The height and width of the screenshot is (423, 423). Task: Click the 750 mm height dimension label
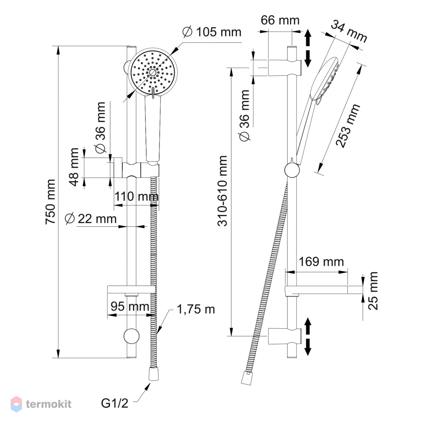tap(51, 201)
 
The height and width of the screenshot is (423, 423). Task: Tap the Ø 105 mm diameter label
tap(212, 32)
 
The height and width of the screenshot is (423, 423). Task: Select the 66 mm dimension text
tap(280, 20)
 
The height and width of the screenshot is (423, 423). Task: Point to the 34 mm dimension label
tap(349, 32)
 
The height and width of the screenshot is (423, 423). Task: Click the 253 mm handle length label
tap(348, 126)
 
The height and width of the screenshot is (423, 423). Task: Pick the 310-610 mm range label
tap(223, 191)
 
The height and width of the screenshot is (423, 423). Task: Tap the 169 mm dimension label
tap(321, 262)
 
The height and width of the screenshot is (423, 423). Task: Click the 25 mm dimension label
tap(373, 291)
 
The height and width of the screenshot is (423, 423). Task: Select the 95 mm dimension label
tap(130, 306)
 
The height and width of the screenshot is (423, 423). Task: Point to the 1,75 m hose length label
tap(196, 309)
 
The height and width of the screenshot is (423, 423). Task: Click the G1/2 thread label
tap(115, 404)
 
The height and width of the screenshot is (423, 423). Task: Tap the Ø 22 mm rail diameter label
tap(91, 219)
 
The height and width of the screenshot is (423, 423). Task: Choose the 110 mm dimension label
tap(137, 196)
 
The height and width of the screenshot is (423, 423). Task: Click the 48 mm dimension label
tap(74, 167)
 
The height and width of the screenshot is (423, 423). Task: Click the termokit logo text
tap(49, 404)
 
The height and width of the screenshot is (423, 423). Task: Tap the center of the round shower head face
tap(152, 72)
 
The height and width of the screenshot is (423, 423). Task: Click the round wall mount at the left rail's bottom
tap(132, 336)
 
